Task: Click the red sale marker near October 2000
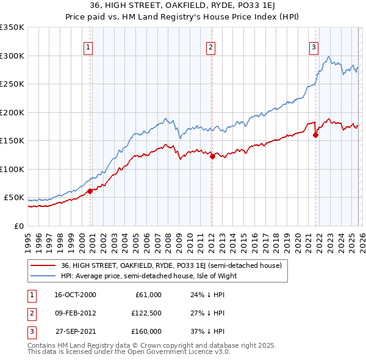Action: point(90,191)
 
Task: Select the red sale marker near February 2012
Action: point(212,156)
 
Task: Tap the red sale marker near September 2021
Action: point(316,135)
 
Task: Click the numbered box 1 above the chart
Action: point(89,47)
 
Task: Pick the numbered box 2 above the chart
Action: point(210,47)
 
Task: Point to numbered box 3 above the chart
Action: point(314,47)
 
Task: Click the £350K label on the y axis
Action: point(12,27)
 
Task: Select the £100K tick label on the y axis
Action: point(12,169)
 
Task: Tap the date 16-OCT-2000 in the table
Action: point(75,295)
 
